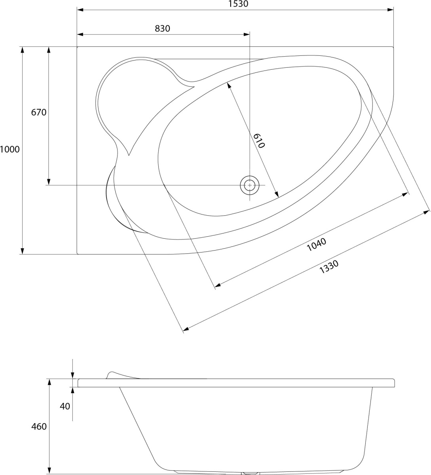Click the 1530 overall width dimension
[239, 4]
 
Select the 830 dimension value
[162, 28]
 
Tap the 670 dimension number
[39, 112]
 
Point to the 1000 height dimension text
[10, 149]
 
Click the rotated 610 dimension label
[259, 141]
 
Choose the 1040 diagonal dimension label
[316, 244]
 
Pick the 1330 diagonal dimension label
[329, 267]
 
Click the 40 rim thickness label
[65, 407]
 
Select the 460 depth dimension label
[39, 427]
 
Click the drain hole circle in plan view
[250, 185]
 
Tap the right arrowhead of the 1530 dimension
[390, 10]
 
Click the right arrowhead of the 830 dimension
[247, 34]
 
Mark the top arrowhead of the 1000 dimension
[22, 50]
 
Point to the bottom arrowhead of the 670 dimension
[49, 182]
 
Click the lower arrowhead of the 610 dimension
[276, 194]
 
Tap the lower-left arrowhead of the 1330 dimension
[186, 329]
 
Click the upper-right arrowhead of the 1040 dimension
[404, 195]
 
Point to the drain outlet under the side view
[250, 473]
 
